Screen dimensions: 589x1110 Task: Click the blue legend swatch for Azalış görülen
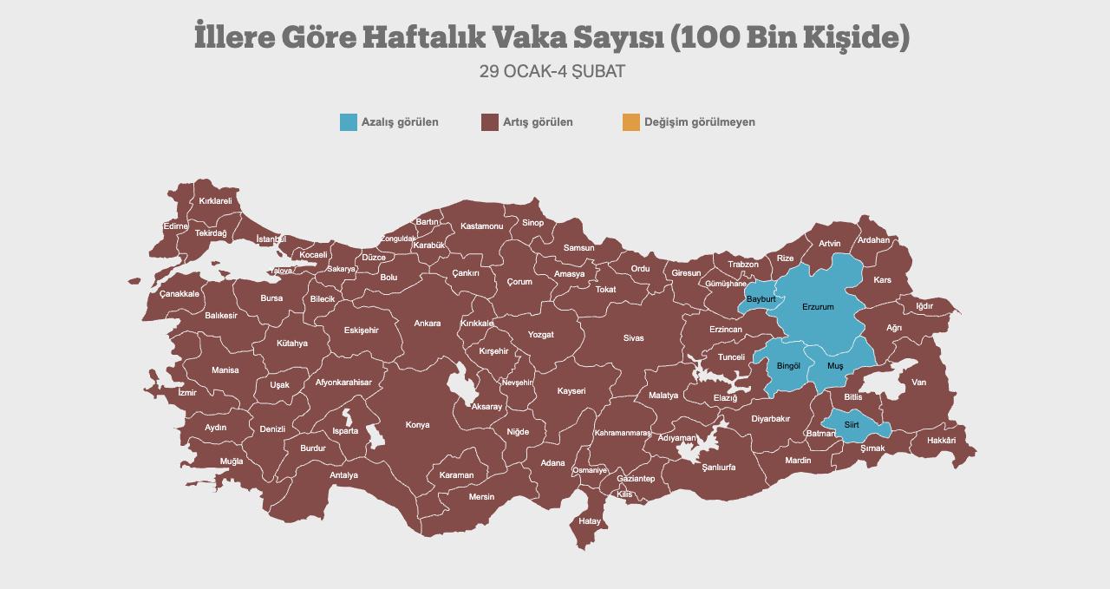(349, 122)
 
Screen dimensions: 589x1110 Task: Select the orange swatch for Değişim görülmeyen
(631, 122)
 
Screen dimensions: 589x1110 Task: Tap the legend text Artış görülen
(538, 122)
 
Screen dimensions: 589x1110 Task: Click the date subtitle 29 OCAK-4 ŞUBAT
(552, 71)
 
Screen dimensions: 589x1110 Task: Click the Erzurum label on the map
(818, 307)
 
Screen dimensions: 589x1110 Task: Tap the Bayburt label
(761, 299)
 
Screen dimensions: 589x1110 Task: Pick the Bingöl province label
(788, 366)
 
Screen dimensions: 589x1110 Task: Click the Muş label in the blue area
(835, 366)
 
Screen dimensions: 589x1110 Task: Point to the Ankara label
(427, 324)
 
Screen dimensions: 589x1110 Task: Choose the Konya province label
(417, 425)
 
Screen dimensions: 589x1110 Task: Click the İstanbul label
(271, 239)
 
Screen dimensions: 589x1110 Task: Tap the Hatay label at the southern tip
(590, 521)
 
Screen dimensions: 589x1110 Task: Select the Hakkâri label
(941, 441)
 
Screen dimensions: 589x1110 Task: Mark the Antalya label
(343, 475)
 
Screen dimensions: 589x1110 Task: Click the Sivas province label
(634, 338)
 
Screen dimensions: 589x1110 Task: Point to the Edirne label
(175, 226)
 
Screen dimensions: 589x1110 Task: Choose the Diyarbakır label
(770, 419)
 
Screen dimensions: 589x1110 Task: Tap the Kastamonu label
(481, 226)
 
